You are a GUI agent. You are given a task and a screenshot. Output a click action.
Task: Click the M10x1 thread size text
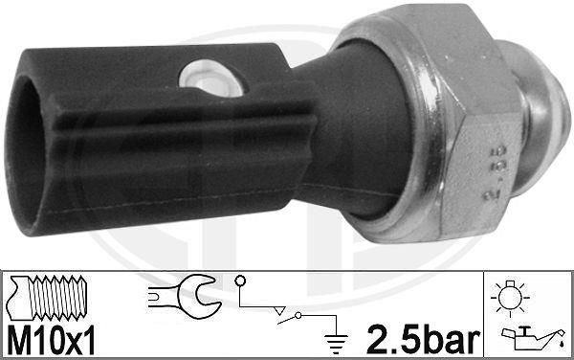tap(51, 340)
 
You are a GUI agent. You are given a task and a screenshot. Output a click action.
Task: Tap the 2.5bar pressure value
tap(423, 340)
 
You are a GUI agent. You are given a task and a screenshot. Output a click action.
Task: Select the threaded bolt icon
tap(48, 298)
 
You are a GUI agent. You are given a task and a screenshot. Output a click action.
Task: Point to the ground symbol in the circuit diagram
tap(336, 344)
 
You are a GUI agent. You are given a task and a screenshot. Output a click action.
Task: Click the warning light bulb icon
tap(510, 298)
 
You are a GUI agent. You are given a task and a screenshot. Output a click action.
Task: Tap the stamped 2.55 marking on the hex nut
tap(495, 171)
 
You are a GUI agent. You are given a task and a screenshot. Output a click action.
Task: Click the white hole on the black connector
tap(211, 78)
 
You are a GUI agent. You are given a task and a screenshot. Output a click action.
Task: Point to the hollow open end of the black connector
tap(23, 154)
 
